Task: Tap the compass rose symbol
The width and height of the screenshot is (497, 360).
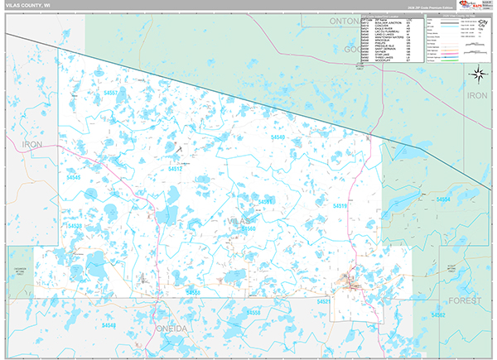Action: point(478,75)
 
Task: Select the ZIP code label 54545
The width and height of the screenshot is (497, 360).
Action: point(74,177)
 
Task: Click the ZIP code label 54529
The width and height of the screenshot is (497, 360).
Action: point(75,225)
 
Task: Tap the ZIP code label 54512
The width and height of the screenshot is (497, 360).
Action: point(176,169)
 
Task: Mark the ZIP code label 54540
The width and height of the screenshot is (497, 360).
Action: point(278,137)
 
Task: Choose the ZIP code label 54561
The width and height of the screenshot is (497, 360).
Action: point(266,201)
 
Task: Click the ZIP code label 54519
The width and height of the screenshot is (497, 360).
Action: point(340,205)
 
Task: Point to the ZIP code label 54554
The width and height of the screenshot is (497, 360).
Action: point(444,199)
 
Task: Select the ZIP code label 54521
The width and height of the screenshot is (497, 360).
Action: point(324,302)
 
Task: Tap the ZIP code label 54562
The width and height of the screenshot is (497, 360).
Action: point(438,315)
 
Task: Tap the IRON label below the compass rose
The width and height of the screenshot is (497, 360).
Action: point(478,96)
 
